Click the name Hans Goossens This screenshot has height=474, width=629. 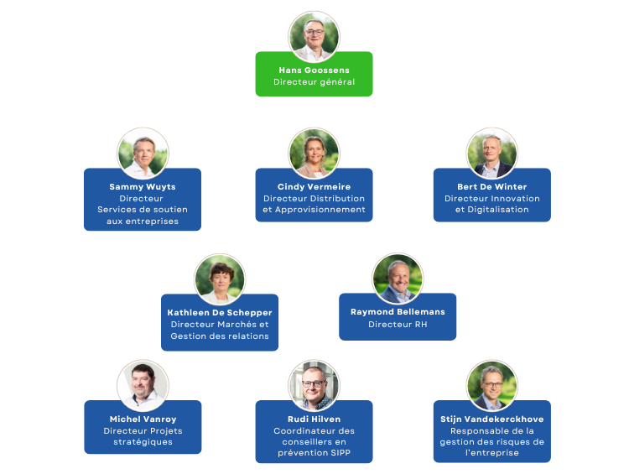(x=314, y=70)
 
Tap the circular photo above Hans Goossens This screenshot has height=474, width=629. (x=314, y=37)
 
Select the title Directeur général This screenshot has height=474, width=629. (x=314, y=82)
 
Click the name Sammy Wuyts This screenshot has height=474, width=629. (x=143, y=186)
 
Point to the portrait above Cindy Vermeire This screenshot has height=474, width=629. (x=314, y=154)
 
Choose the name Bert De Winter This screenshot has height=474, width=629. (x=491, y=186)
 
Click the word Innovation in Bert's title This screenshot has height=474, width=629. (x=516, y=198)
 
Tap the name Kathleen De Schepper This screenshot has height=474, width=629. (x=220, y=313)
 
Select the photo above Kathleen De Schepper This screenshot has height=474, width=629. (x=220, y=279)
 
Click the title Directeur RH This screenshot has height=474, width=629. (x=398, y=325)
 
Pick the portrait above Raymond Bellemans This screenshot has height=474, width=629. (x=398, y=279)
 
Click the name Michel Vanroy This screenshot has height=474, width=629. (x=143, y=419)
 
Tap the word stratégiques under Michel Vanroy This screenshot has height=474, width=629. (x=143, y=442)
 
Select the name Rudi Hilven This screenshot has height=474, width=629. (x=314, y=419)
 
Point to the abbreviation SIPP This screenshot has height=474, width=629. (x=341, y=453)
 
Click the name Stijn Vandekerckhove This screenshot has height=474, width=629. (x=491, y=419)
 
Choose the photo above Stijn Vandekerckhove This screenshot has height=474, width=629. (x=491, y=386)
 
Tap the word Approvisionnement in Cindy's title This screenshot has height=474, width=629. (x=320, y=210)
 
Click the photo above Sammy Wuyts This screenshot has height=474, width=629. (x=143, y=154)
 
